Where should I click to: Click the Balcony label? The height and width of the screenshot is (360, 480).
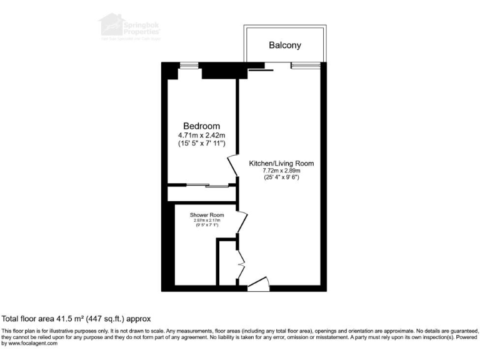(x=284, y=45)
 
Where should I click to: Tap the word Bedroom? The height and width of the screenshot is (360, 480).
(x=201, y=126)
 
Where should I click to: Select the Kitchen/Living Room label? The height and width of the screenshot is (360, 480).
(x=281, y=163)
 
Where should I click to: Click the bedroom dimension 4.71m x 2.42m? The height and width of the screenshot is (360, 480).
(x=201, y=135)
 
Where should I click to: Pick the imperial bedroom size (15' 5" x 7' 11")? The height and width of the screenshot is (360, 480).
(x=201, y=144)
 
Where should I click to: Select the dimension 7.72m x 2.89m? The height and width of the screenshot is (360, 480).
(x=281, y=171)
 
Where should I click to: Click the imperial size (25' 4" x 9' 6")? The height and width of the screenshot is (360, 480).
(x=281, y=177)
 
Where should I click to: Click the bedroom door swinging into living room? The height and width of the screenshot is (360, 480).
(x=232, y=166)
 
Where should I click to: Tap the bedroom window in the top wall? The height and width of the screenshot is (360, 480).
(x=187, y=64)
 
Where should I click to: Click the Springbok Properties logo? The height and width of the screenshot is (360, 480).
(x=127, y=27)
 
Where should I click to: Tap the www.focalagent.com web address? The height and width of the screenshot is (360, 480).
(x=35, y=343)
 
